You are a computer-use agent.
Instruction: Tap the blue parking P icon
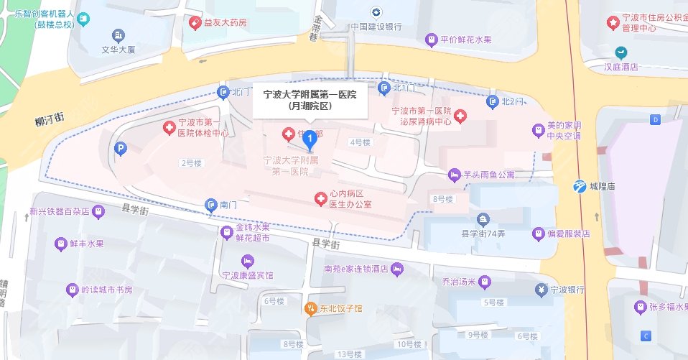121,149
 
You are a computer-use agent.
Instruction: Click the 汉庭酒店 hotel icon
620,52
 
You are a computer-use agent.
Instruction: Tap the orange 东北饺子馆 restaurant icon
311,309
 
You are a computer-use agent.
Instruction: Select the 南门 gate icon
210,206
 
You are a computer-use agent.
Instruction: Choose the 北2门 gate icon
492,101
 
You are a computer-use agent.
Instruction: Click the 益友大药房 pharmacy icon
194,23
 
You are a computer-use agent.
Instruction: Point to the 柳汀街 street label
50,120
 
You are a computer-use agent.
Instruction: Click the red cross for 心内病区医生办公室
321,198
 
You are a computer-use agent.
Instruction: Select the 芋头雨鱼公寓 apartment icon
454,174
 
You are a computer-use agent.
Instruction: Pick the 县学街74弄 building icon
483,218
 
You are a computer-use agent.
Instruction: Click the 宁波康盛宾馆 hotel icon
248,260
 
